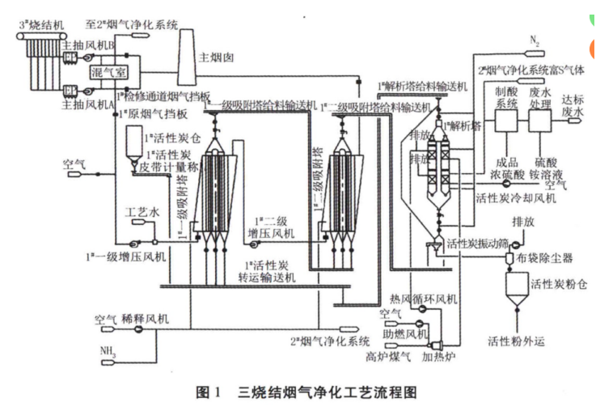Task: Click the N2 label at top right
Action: click(535, 39)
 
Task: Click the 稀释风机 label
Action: click(143, 320)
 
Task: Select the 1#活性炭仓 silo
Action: click(133, 144)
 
